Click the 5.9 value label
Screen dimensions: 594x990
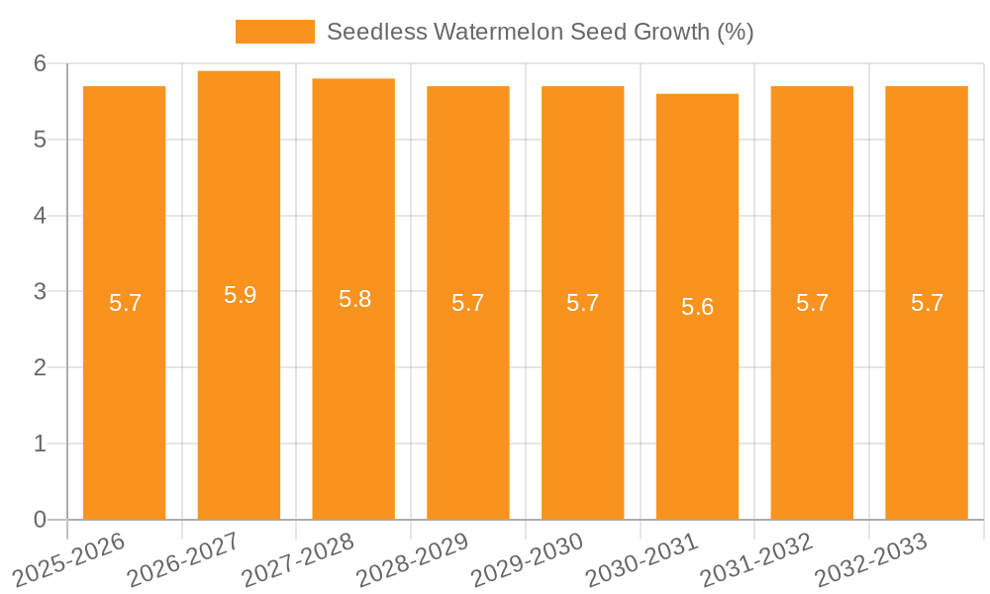point(240,295)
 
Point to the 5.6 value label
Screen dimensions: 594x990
point(697,307)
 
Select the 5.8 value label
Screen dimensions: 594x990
point(354,299)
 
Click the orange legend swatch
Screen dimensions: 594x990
point(274,32)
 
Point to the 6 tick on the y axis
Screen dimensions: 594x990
point(40,63)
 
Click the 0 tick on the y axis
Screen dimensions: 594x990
point(40,520)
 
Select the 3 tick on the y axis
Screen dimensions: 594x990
point(40,292)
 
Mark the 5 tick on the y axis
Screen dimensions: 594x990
point(40,140)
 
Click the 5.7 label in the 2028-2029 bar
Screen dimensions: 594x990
point(468,303)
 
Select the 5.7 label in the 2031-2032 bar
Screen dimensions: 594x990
point(812,303)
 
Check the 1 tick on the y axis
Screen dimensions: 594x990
point(40,444)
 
